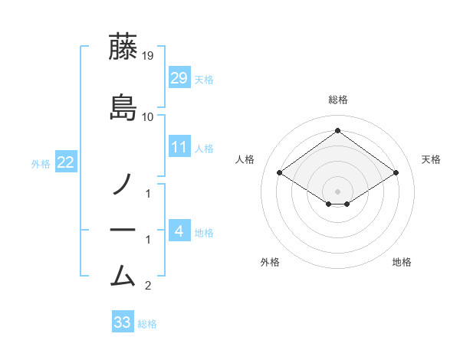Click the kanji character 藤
(123, 47)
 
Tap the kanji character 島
(123, 107)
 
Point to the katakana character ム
(123, 274)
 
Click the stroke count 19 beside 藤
(147, 56)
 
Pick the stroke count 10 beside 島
(147, 117)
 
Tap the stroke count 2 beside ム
(148, 286)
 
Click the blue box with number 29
(179, 77)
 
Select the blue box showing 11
(179, 146)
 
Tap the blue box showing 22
(66, 162)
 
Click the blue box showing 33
(123, 322)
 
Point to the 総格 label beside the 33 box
(147, 324)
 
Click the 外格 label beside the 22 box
(41, 163)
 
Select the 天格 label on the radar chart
(431, 159)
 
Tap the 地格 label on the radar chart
(402, 262)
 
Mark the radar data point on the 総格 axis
(337, 130)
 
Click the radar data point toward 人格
(280, 173)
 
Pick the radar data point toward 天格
(396, 173)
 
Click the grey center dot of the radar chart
(337, 191)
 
